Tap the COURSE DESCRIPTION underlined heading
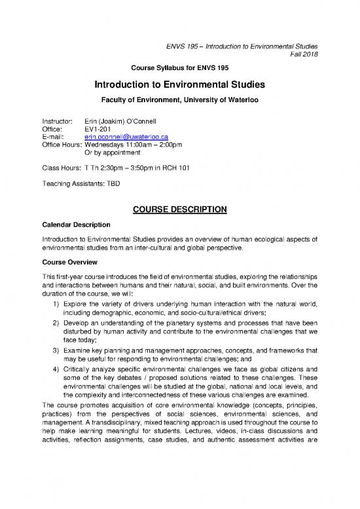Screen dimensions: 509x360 (180, 210)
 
